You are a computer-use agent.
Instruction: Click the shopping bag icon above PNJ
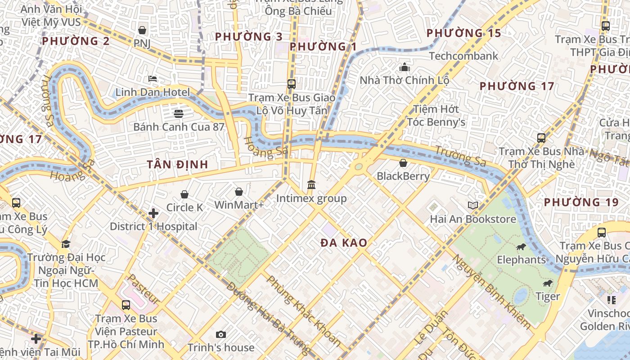[x=142, y=30]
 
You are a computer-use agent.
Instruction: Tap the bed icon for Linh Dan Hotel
[x=153, y=79]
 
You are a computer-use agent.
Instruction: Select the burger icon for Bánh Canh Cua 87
[x=179, y=113]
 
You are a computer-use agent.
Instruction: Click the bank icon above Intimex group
[x=311, y=184]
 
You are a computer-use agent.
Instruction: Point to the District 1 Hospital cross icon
[x=153, y=213]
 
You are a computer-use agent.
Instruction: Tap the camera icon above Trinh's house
[x=220, y=334]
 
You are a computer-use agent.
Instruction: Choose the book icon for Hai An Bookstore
[x=472, y=206]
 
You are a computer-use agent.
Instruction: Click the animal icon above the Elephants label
[x=521, y=247]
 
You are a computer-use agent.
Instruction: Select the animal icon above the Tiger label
[x=547, y=283]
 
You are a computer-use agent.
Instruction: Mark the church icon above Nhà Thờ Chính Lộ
[x=404, y=67]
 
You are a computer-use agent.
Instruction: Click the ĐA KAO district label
[x=344, y=243]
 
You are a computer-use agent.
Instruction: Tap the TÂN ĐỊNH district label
[x=177, y=165]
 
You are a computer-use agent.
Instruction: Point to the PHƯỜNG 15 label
[x=463, y=33]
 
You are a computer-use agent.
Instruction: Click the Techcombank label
[x=463, y=56]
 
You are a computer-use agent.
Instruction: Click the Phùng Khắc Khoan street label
[x=304, y=310]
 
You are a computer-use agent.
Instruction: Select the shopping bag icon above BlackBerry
[x=403, y=163]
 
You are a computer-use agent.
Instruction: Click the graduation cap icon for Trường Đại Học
[x=66, y=244]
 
